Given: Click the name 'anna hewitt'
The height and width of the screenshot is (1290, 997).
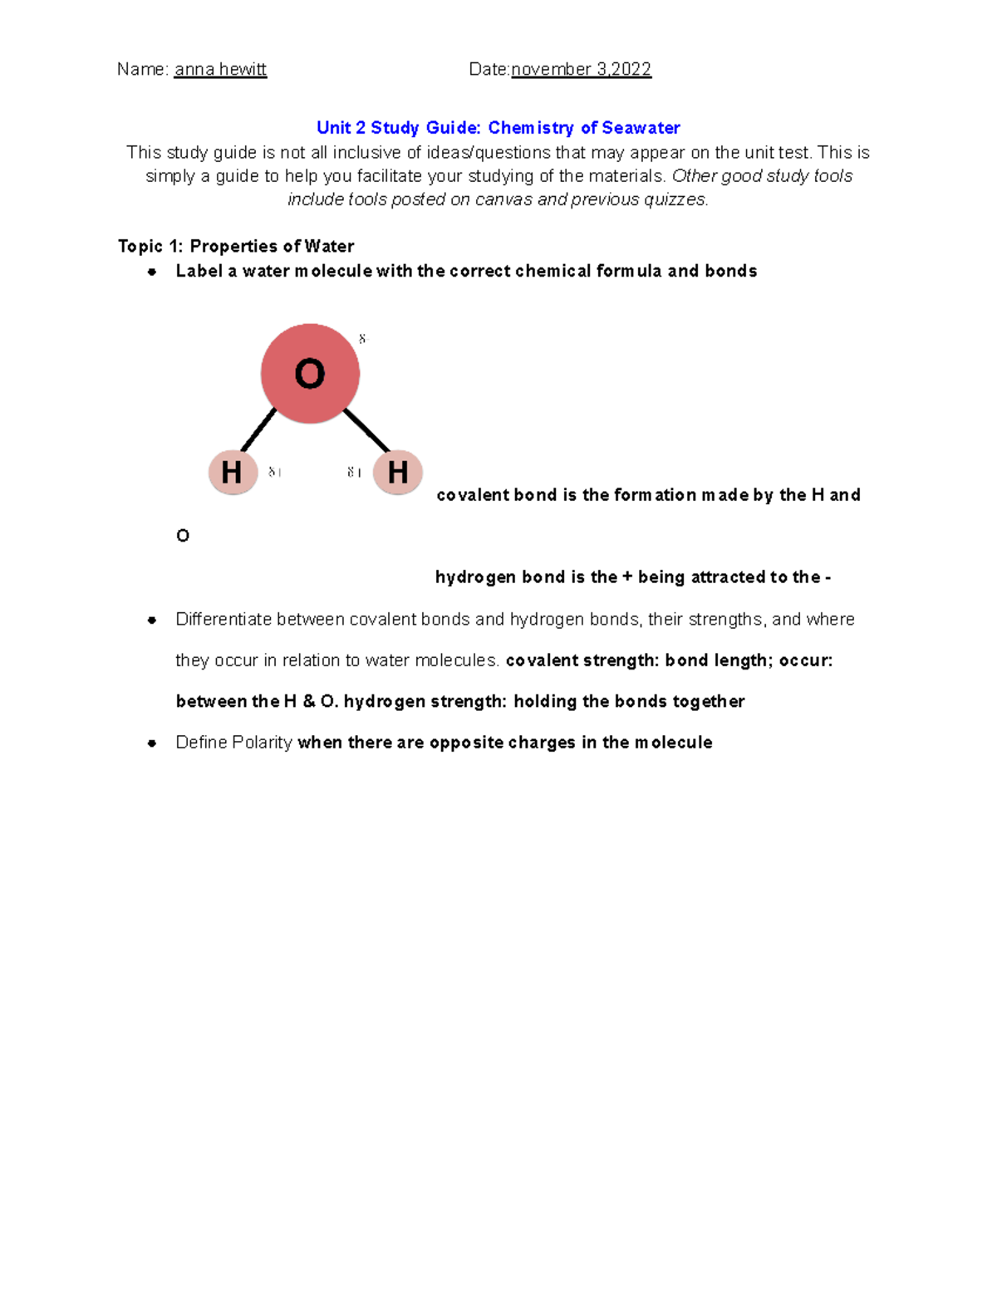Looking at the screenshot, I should pyautogui.click(x=220, y=70).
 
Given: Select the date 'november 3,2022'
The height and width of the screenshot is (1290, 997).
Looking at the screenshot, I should pyautogui.click(x=581, y=70).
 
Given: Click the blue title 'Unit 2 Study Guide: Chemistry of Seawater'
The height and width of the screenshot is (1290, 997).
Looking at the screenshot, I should pyautogui.click(x=498, y=128).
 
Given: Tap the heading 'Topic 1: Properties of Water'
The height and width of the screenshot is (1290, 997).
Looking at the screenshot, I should pyautogui.click(x=236, y=246).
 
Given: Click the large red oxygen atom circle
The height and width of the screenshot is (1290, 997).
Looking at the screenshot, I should pyautogui.click(x=310, y=374).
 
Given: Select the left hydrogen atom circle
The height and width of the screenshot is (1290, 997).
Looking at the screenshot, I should pyautogui.click(x=233, y=473).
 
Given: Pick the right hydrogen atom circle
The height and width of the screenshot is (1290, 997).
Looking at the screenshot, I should pyautogui.click(x=398, y=473).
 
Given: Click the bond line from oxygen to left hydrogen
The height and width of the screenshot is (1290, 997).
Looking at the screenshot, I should pyautogui.click(x=258, y=429).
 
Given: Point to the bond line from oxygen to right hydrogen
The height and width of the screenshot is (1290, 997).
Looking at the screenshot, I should pyautogui.click(x=366, y=429).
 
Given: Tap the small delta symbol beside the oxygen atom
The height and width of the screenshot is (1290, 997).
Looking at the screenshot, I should pyautogui.click(x=362, y=339).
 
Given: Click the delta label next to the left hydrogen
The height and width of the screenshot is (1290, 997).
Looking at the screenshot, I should pyautogui.click(x=274, y=473).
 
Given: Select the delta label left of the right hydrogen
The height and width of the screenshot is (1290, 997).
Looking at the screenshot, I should pyautogui.click(x=354, y=473).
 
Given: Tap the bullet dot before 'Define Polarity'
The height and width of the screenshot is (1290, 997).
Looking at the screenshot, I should pyautogui.click(x=152, y=743).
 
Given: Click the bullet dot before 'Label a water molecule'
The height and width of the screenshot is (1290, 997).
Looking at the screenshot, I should pyautogui.click(x=152, y=272).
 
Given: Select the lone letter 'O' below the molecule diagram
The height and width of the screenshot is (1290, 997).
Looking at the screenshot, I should pyautogui.click(x=183, y=536).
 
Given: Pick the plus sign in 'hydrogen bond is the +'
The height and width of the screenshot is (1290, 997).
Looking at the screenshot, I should pyautogui.click(x=627, y=577).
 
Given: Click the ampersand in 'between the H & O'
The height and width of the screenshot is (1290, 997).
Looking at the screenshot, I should pyautogui.click(x=309, y=702).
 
